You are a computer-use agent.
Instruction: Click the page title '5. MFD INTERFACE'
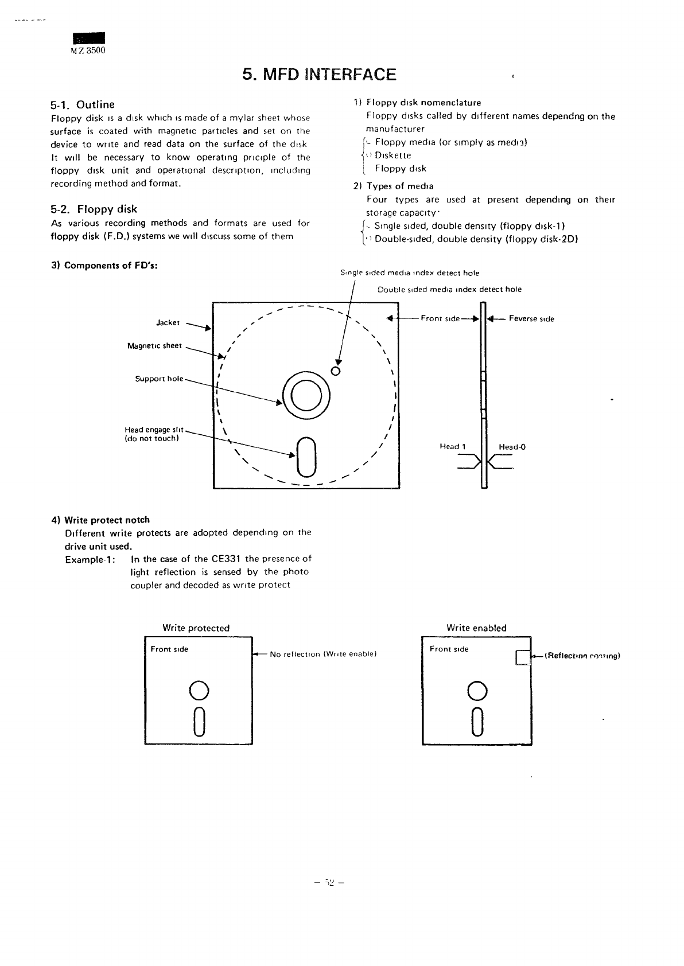(x=319, y=75)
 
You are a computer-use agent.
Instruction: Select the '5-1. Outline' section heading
(x=83, y=104)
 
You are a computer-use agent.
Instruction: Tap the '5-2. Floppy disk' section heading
(x=94, y=209)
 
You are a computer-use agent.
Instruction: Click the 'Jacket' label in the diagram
(x=168, y=323)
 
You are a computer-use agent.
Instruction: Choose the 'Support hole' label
(x=159, y=379)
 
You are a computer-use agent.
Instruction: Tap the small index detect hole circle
(x=337, y=370)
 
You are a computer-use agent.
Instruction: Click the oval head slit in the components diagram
(x=306, y=456)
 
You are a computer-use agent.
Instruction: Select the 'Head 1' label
(x=453, y=446)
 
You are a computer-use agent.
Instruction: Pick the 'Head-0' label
(x=512, y=447)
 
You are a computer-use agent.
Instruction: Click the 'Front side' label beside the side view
(x=440, y=318)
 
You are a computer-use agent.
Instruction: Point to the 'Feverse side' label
(x=531, y=319)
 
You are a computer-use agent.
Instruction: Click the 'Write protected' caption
(x=196, y=628)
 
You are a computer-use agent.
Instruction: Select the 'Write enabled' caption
(x=476, y=628)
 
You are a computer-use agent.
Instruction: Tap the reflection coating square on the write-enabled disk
(x=522, y=657)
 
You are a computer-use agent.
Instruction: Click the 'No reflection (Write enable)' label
(x=322, y=654)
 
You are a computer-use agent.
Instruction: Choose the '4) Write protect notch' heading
(x=100, y=520)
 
